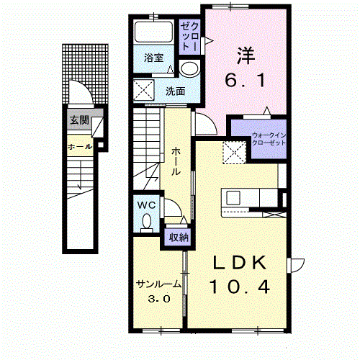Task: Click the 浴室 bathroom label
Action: (153, 58)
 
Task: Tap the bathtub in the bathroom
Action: (153, 32)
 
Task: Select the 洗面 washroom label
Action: (176, 91)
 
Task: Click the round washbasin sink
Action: (189, 68)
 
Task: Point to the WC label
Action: (146, 205)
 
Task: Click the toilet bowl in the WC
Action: (147, 222)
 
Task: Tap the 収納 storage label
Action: (179, 238)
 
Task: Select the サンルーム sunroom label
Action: (158, 284)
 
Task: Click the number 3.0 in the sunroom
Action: (159, 299)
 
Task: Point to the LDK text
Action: (240, 262)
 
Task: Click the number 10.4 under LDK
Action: (240, 287)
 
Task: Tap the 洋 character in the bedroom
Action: (246, 55)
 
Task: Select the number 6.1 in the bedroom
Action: (245, 80)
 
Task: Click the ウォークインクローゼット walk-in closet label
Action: (269, 139)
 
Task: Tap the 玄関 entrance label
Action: (79, 120)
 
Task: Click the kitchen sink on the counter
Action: (233, 198)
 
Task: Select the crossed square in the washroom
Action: (143, 90)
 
